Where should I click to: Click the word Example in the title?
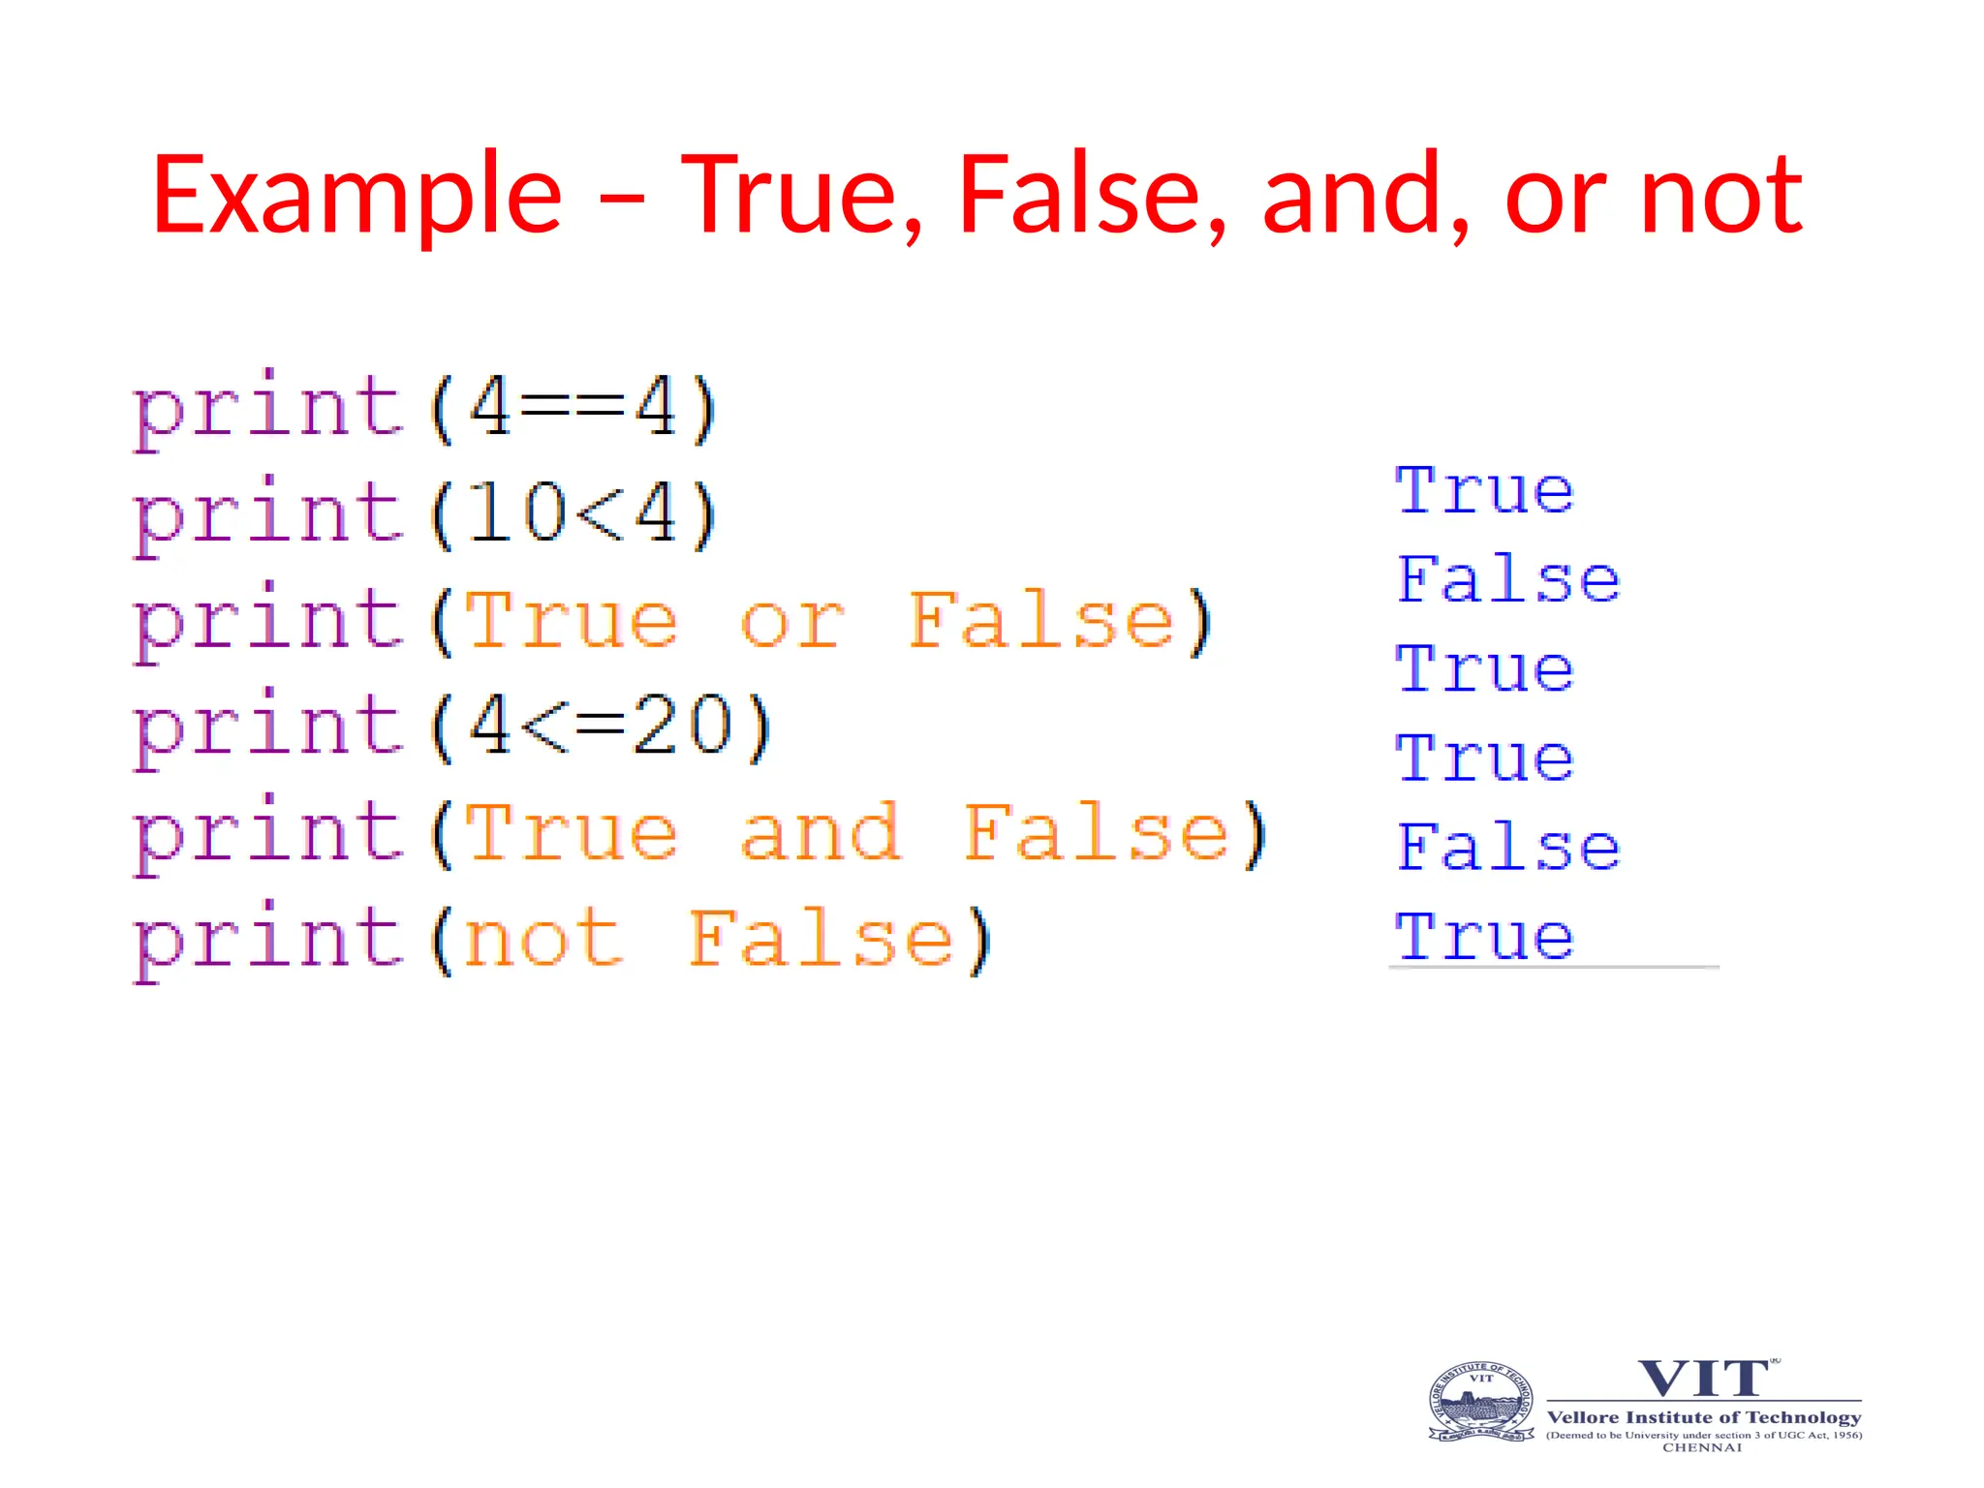click(356, 196)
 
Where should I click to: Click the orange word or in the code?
click(791, 622)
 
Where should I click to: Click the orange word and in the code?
click(820, 834)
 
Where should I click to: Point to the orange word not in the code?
click(542, 941)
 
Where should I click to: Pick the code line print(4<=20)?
click(451, 728)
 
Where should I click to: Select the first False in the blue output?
click(1507, 579)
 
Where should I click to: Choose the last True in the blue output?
click(1484, 937)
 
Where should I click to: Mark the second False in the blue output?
click(1507, 848)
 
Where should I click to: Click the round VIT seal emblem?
click(1481, 1403)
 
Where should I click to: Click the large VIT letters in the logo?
click(1703, 1379)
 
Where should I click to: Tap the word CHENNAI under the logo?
click(1702, 1447)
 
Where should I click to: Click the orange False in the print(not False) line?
click(821, 941)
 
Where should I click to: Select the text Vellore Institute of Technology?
click(1704, 1417)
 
